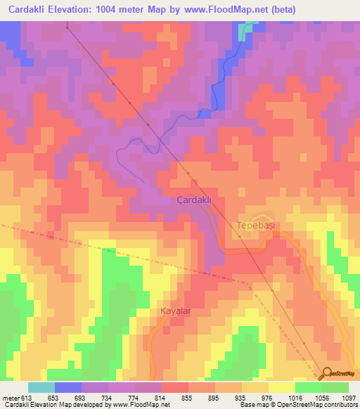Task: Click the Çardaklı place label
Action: pos(193,200)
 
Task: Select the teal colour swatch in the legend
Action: pos(41,387)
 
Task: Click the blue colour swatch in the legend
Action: pos(68,387)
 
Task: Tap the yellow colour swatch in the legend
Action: pos(281,387)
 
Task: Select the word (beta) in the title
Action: pos(281,10)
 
